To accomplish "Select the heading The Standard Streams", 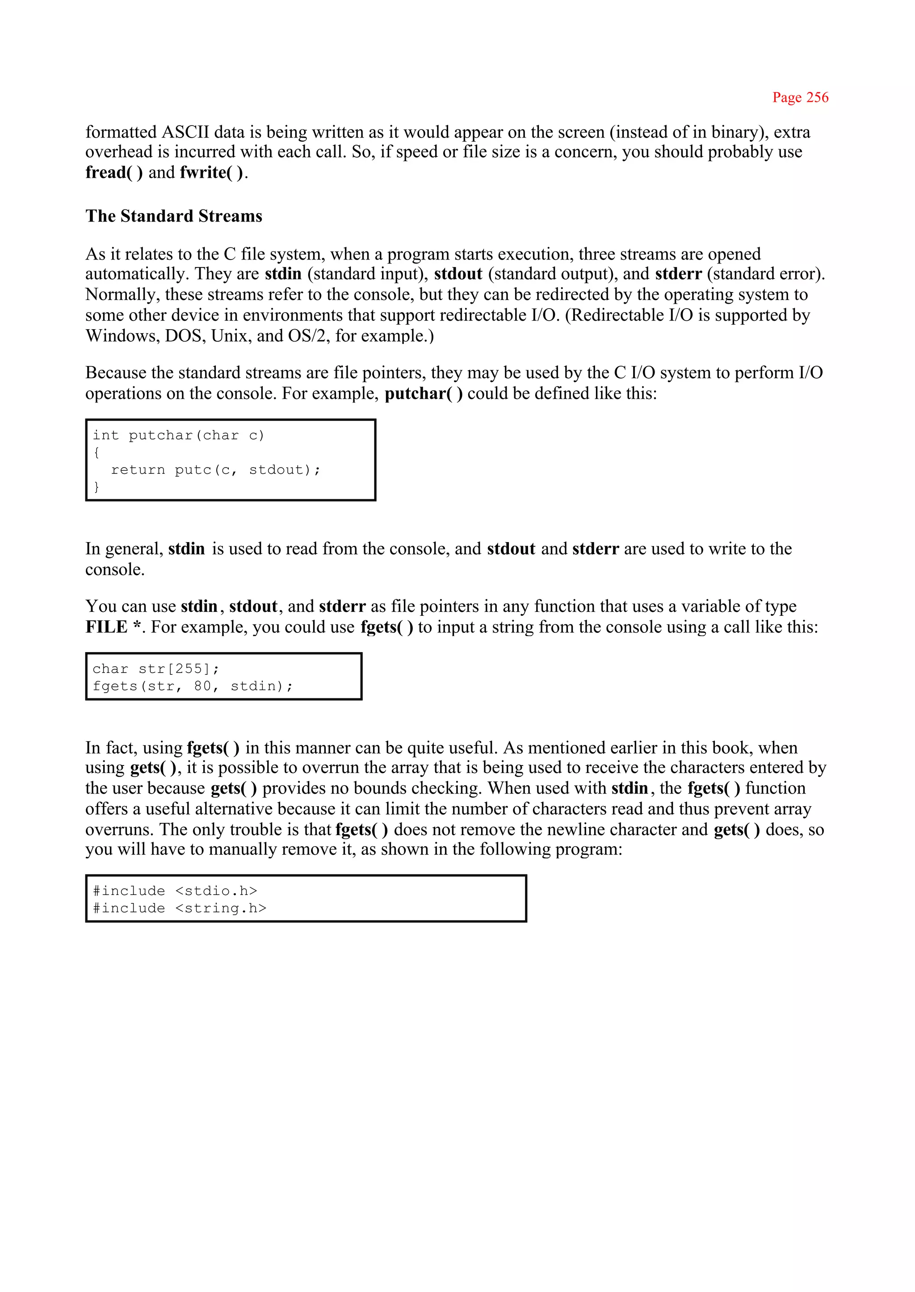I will pos(173,216).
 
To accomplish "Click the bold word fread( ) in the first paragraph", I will pos(113,172).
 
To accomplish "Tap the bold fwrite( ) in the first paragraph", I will pos(212,172).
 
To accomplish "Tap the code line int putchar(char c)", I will pos(178,435).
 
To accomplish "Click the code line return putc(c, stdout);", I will pos(215,470).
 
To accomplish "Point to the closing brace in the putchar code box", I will pos(97,487).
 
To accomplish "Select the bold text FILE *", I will pos(113,627).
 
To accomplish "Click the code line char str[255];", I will pos(155,669).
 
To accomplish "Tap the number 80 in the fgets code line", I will pos(202,686).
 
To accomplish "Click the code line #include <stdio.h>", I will pos(175,891).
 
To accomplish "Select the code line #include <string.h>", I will pos(179,908).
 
